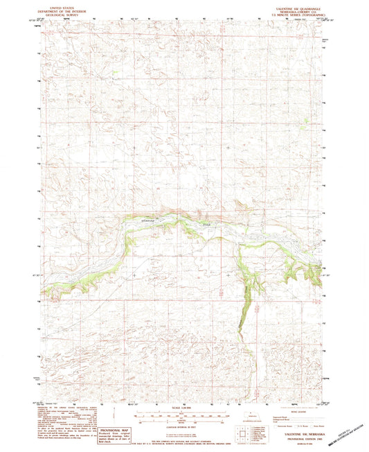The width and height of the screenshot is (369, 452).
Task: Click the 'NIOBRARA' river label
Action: coord(149,220)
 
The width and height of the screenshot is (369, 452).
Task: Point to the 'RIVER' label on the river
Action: coord(206,224)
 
